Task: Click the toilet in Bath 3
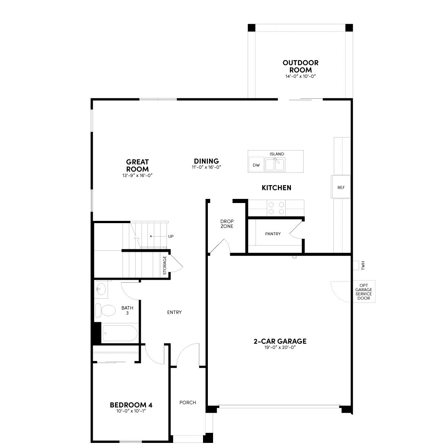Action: (105, 310)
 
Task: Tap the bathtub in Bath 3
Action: (120, 333)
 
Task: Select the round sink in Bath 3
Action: (101, 289)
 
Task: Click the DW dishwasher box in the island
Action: (256, 165)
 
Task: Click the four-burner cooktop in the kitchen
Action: (276, 208)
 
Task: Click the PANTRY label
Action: (273, 234)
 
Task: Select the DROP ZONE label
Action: (227, 224)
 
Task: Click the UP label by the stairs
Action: (171, 237)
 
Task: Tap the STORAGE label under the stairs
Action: (165, 265)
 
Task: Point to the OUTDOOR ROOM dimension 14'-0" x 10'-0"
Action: (300, 76)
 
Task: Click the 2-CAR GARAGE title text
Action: (280, 341)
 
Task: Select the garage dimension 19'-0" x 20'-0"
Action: (280, 348)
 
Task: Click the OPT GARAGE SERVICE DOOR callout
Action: (364, 292)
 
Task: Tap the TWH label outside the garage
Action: (363, 265)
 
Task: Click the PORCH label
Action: (188, 402)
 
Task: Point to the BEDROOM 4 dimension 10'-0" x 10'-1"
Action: (131, 411)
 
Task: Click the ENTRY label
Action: (174, 313)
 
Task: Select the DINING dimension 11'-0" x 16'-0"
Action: (206, 167)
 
